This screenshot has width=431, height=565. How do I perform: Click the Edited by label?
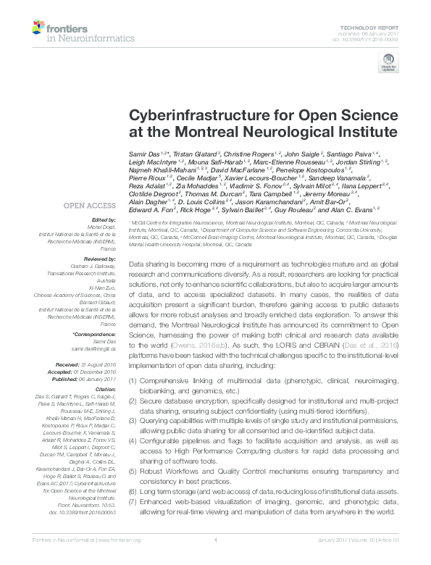click(x=104, y=219)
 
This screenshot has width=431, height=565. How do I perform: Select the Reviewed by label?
click(x=99, y=257)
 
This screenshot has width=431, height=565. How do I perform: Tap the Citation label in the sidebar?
click(x=104, y=390)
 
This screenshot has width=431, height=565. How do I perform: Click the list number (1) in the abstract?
click(x=133, y=380)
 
